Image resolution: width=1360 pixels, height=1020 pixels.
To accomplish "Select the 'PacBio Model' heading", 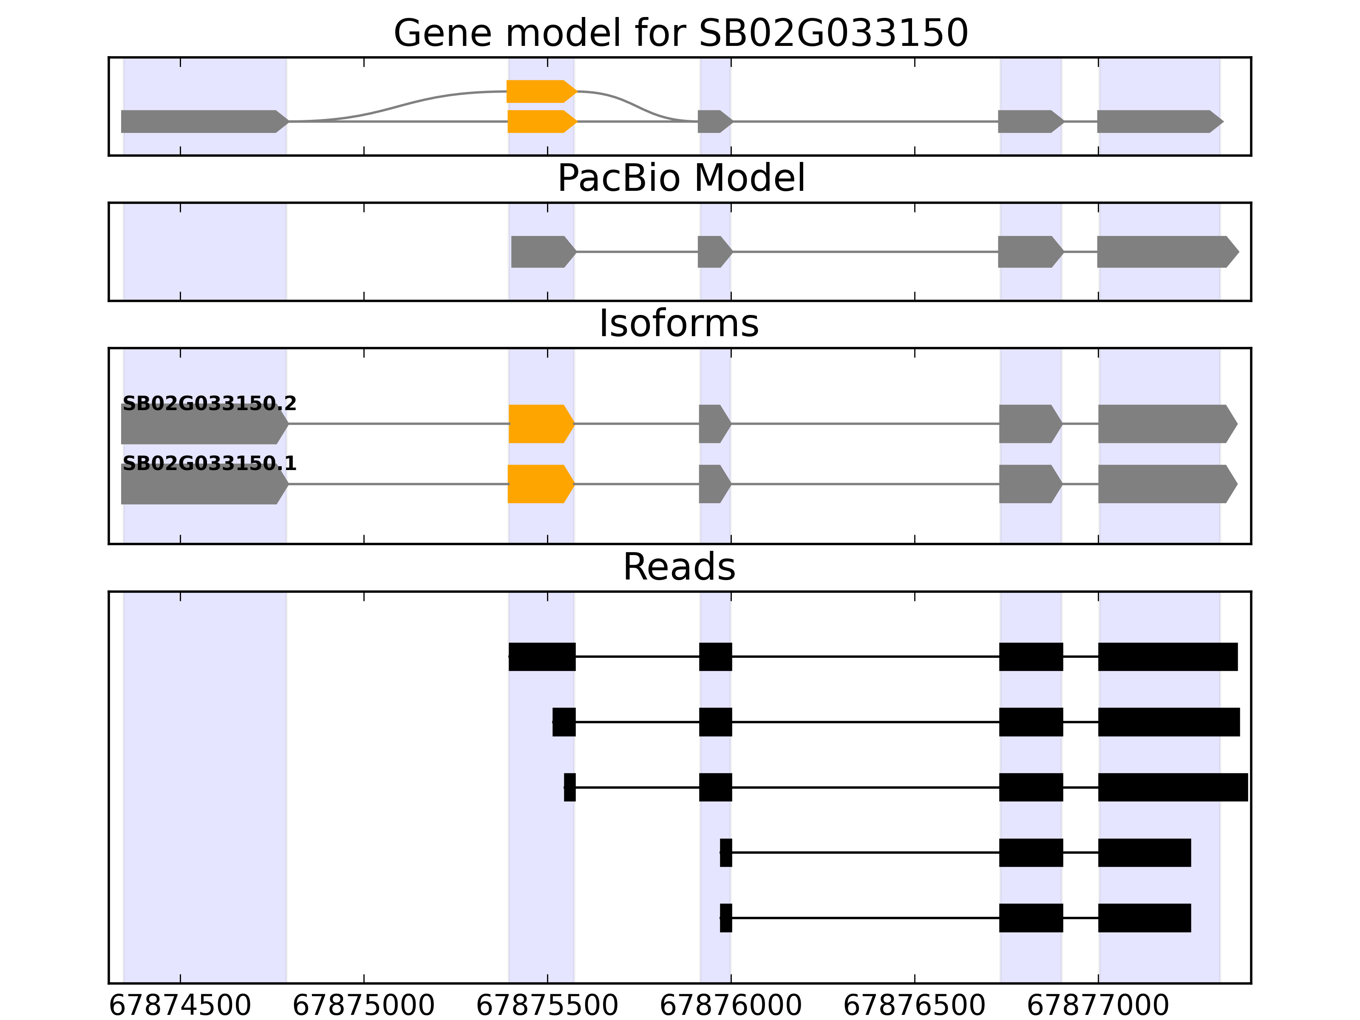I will (x=680, y=178).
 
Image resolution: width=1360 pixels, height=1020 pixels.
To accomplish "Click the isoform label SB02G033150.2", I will (x=209, y=403).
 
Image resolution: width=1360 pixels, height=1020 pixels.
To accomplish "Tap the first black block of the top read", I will (x=542, y=657).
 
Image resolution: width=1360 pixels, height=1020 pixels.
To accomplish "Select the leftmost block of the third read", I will (x=570, y=787).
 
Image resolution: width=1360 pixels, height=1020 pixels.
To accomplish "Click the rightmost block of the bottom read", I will (x=1144, y=918).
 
